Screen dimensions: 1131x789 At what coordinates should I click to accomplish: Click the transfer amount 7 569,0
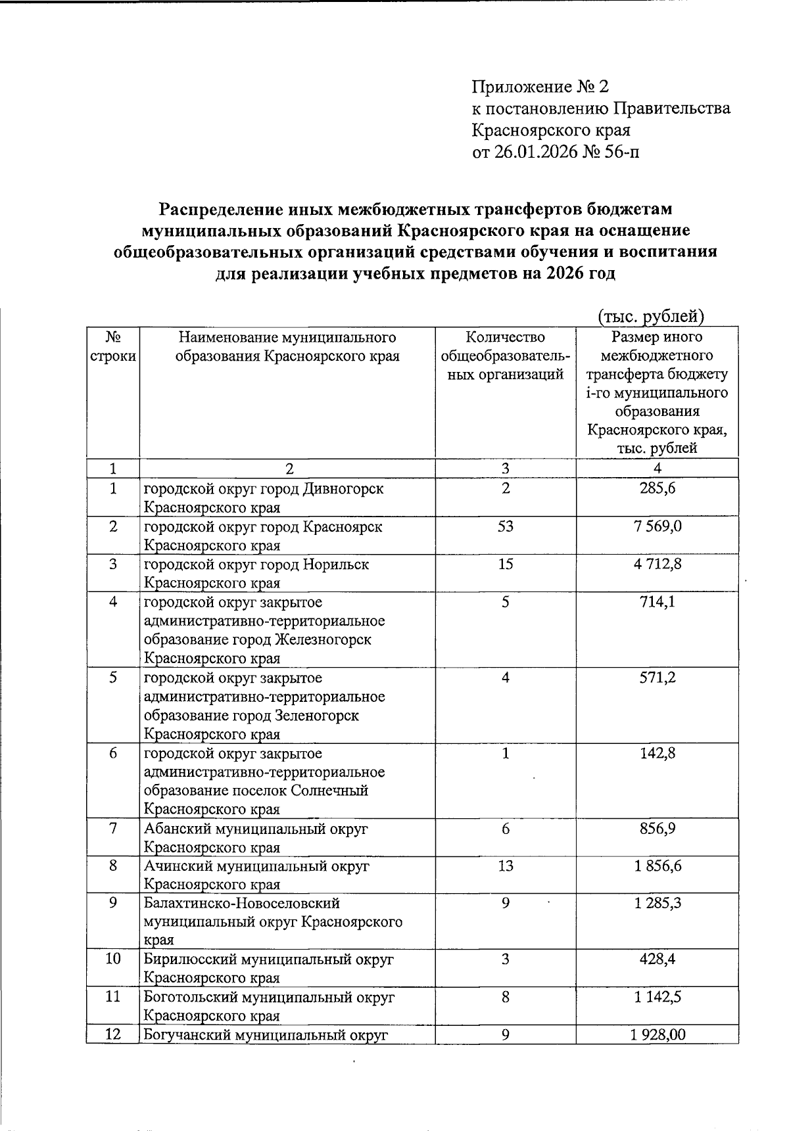pyautogui.click(x=657, y=527)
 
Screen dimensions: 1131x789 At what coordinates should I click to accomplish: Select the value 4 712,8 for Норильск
pyautogui.click(x=657, y=565)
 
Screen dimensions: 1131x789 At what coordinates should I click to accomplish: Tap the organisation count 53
pyautogui.click(x=505, y=527)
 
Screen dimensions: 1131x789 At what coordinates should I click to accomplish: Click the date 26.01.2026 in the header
pyautogui.click(x=534, y=152)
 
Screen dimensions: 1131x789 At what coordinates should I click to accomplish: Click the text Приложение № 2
pyautogui.click(x=540, y=86)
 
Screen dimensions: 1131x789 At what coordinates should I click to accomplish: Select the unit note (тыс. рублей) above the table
pyautogui.click(x=651, y=317)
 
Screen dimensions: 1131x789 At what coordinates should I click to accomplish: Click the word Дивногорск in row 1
pyautogui.click(x=343, y=489)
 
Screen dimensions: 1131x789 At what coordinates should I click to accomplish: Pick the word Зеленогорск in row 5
pyautogui.click(x=318, y=715)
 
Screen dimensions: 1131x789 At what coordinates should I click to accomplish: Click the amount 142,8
pyautogui.click(x=657, y=753)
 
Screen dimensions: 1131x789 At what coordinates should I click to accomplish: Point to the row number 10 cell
pyautogui.click(x=113, y=959)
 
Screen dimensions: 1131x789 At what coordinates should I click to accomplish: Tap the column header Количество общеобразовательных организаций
pyautogui.click(x=505, y=356)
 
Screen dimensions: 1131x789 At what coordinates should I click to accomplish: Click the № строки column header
pyautogui.click(x=113, y=346)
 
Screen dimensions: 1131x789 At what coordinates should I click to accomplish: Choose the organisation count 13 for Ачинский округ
pyautogui.click(x=505, y=866)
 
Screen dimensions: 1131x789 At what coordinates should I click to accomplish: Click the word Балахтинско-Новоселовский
pyautogui.click(x=242, y=904)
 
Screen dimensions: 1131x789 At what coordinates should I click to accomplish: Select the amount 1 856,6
pyautogui.click(x=657, y=866)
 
